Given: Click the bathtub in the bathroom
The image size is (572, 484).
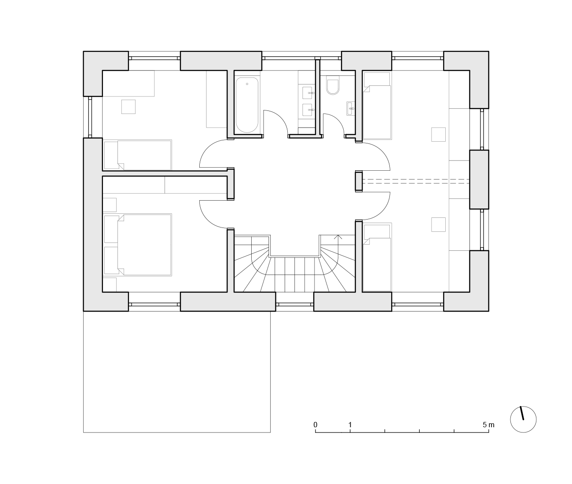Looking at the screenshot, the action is coord(247,105).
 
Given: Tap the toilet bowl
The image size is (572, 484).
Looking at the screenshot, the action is coord(333,87).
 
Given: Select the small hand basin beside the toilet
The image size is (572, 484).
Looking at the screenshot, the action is coord(351,108).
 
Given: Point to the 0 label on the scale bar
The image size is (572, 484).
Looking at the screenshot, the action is coord(315,425).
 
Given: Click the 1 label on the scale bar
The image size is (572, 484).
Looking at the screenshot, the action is coord(350,425).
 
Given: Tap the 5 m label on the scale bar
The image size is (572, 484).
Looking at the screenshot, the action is coord(488,425).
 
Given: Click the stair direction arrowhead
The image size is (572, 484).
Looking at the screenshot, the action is coord(338,237).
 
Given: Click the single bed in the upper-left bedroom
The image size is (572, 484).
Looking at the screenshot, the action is coord(138,155).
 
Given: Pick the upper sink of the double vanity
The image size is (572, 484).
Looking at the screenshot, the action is coord(308,93).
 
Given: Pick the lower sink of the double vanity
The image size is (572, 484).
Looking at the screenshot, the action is coord(308,110).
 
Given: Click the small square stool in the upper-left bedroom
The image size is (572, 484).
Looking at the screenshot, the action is coord(128,107).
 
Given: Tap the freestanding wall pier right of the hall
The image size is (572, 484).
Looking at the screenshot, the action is coord(359,181).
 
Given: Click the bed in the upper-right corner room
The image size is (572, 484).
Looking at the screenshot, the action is coord(377,106).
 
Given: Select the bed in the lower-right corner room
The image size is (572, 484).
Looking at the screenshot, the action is coord(377,257).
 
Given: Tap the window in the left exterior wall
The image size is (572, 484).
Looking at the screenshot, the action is coord(90,117).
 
